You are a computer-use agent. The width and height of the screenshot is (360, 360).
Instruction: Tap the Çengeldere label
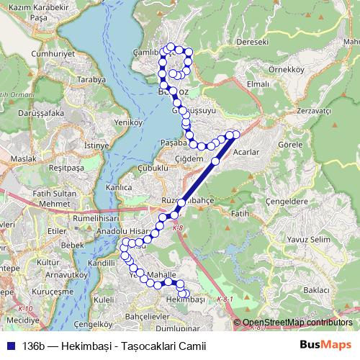coord(287,202)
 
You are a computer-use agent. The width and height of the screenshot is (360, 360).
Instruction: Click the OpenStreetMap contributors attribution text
coord(297,323)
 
